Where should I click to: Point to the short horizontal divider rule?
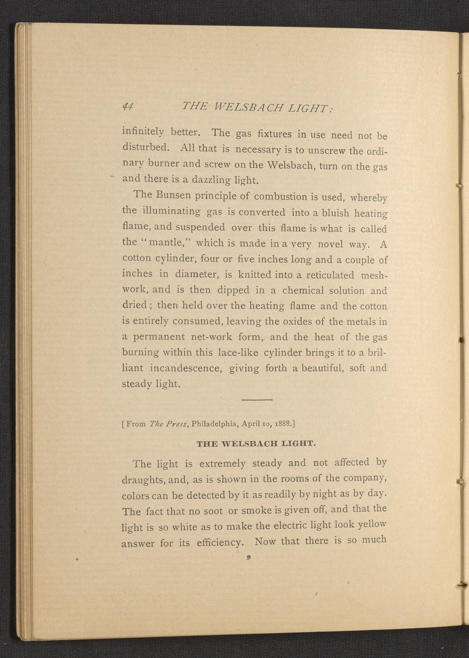[x=256, y=400]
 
